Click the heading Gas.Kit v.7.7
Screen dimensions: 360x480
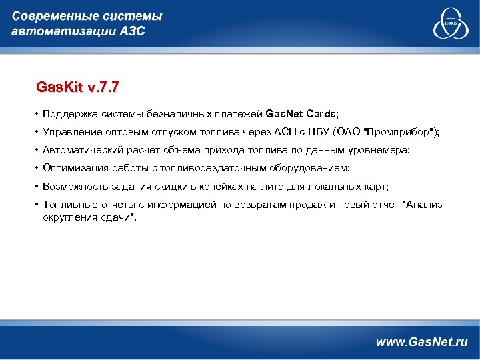[x=78, y=87]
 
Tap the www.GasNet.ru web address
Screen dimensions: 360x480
[x=421, y=342]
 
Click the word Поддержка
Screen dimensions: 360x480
[x=69, y=113]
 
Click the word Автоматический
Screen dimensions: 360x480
[x=81, y=151]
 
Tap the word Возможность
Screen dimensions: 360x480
[x=75, y=187]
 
